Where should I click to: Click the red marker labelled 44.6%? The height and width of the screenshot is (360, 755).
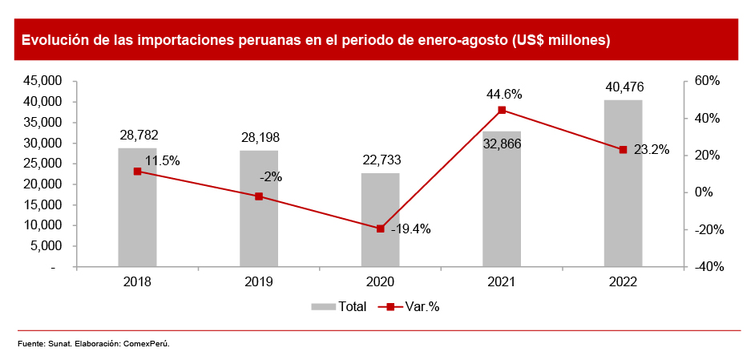(x=502, y=110)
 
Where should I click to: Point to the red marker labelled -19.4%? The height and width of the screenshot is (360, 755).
(x=380, y=229)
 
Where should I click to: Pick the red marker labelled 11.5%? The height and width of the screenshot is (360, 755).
(x=137, y=171)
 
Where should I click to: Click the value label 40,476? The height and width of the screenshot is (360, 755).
(x=623, y=87)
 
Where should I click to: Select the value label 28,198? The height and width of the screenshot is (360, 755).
(x=259, y=137)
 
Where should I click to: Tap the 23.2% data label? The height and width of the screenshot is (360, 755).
(x=651, y=150)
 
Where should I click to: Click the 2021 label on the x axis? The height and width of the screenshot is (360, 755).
(x=502, y=282)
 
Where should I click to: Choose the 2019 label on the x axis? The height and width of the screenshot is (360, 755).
(x=259, y=282)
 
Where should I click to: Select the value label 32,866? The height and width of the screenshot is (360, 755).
(x=502, y=145)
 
